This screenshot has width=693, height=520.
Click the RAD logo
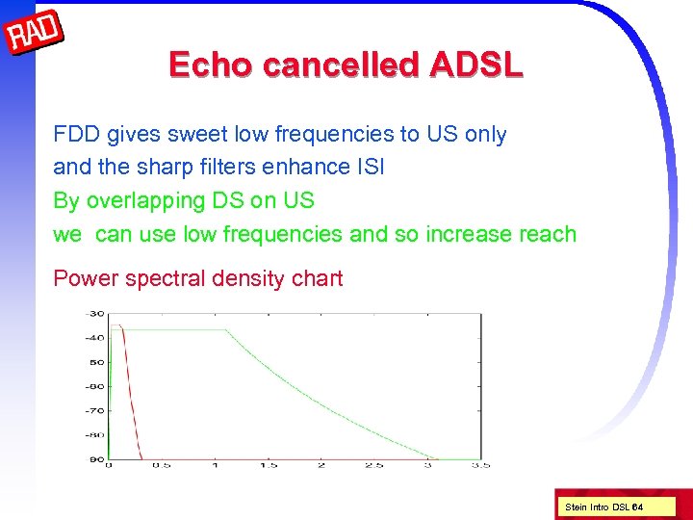tap(35, 34)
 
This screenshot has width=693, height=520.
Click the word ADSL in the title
tap(476, 65)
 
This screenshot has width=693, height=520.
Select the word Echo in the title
tap(211, 65)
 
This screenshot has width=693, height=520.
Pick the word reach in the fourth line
tap(546, 234)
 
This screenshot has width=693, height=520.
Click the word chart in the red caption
tap(316, 278)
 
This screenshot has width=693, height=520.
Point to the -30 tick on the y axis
tap(95, 313)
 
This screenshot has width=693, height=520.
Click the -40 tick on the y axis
tap(95, 337)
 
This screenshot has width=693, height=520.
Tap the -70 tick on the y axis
tap(95, 410)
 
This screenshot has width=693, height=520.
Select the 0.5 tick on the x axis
tap(162, 465)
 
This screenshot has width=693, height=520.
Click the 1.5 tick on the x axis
tap(269, 465)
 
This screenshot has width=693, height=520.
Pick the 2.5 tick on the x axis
tap(374, 465)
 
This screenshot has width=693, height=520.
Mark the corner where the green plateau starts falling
tap(226, 330)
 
